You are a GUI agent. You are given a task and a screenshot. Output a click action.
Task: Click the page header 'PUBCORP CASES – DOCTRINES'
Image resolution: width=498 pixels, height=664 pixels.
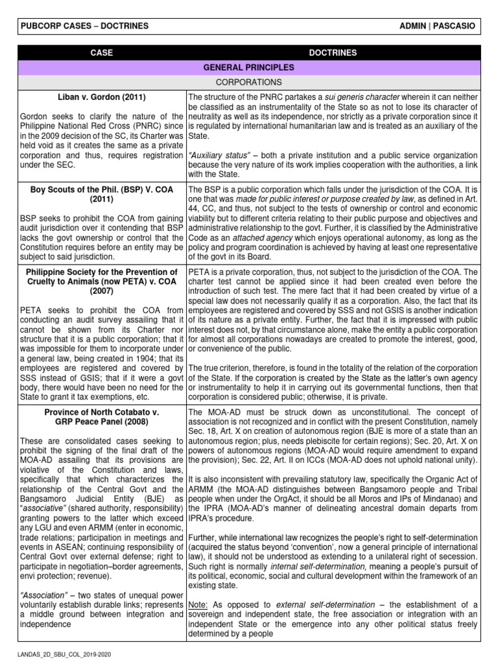85,26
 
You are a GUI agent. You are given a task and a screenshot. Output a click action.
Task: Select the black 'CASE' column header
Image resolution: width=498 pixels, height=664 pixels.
102,53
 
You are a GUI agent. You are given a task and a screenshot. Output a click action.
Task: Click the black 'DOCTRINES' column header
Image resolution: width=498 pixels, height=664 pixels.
342,53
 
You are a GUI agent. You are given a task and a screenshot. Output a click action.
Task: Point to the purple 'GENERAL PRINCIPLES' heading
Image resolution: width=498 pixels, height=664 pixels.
249,67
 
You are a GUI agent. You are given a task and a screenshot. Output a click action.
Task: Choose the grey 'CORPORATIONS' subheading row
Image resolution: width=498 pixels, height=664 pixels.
249,82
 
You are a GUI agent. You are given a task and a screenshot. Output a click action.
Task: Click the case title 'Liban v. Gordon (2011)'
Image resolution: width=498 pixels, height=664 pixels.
102,97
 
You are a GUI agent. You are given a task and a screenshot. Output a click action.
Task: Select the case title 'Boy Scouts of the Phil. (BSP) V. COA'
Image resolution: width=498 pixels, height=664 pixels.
102,190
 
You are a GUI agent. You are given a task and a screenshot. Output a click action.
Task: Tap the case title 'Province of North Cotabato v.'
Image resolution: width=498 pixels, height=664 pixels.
102,412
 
